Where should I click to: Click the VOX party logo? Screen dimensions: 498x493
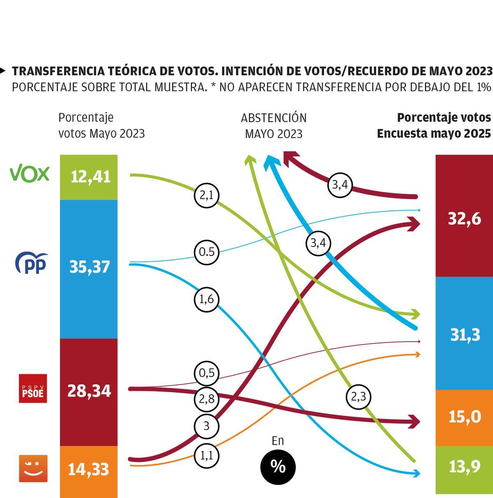(x=30, y=174)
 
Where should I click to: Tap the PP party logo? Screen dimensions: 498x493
(x=31, y=263)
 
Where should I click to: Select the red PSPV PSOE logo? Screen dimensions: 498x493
(x=33, y=388)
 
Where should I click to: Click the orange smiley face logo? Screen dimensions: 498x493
(x=33, y=468)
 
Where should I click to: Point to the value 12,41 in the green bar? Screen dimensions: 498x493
(x=90, y=177)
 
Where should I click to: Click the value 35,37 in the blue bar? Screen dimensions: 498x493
(x=90, y=267)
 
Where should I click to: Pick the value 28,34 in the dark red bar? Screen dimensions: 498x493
(x=89, y=391)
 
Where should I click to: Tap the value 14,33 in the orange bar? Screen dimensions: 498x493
(x=88, y=469)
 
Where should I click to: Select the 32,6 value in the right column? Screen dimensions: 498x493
(x=464, y=219)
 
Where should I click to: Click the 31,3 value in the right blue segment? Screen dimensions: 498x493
(x=465, y=335)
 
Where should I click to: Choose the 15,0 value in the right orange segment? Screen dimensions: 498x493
(x=465, y=417)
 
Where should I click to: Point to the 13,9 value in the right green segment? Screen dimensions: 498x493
(x=465, y=466)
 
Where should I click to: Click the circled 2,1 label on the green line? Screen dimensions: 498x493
(x=206, y=196)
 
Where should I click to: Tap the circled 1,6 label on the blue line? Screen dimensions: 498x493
(x=206, y=299)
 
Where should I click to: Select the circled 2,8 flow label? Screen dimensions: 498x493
(x=206, y=399)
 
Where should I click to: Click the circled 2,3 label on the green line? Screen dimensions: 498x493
(x=358, y=397)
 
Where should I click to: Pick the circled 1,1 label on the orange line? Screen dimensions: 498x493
(x=206, y=455)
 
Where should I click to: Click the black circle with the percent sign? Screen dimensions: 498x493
(x=278, y=467)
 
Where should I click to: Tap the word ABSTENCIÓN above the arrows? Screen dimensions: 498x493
(x=274, y=118)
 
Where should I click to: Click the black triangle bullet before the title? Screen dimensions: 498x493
(x=3, y=71)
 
